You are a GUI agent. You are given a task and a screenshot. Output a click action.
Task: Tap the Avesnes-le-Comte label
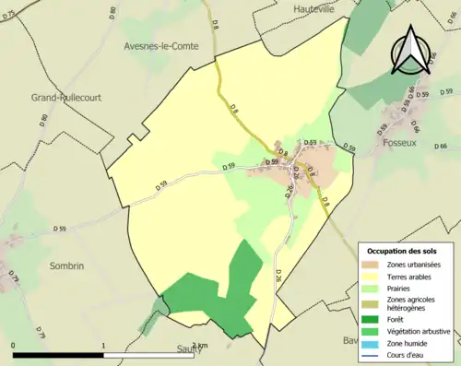click(162, 44)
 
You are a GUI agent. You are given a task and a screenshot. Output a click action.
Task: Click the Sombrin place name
click(66, 266)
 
